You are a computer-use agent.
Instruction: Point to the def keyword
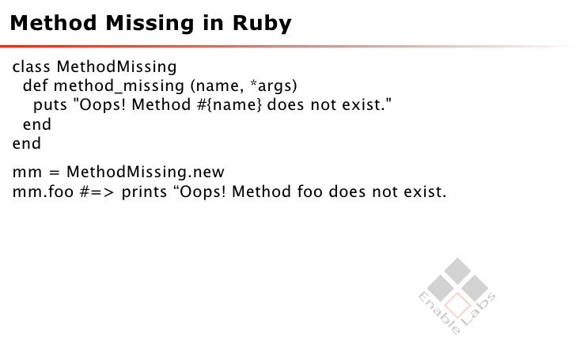point(36,85)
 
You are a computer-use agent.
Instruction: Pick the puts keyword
point(50,104)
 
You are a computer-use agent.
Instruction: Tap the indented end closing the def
point(36,124)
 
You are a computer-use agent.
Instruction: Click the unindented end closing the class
point(26,144)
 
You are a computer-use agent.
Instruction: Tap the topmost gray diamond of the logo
point(457,269)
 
